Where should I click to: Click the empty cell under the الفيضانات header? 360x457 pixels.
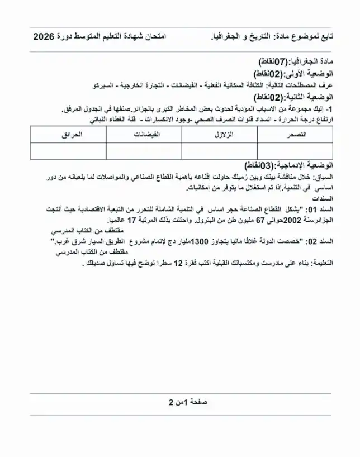point(144,151)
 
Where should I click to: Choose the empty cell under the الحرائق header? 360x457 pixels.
point(68,151)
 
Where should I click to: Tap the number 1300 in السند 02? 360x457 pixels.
point(200,241)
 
